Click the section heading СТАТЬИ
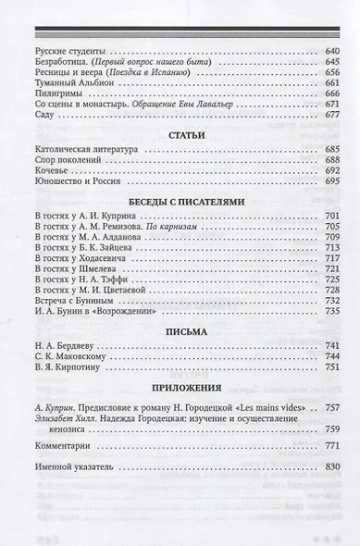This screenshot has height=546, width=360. coord(180,135)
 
